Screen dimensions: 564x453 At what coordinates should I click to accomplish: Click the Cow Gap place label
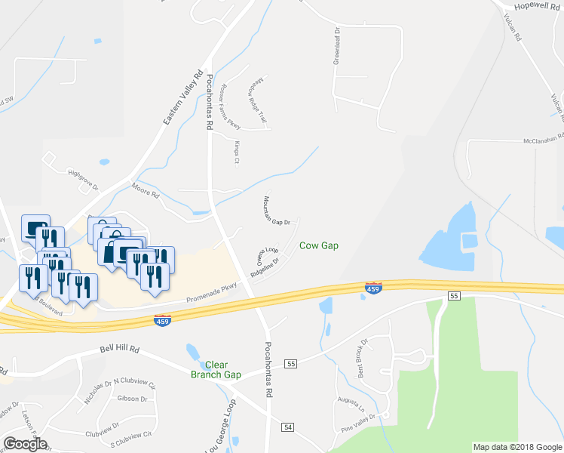point(318,245)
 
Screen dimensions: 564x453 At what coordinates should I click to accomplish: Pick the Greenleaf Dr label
point(337,49)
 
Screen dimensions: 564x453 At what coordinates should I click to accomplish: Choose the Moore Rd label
point(146,190)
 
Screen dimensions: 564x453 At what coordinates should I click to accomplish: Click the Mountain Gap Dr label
point(277,211)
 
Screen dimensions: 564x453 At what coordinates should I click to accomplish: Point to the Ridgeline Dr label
point(265,270)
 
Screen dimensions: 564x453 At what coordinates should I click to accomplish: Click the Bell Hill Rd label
point(120,350)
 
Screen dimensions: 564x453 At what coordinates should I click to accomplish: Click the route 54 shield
point(287,427)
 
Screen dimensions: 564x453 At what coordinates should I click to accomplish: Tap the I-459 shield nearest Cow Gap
point(372,288)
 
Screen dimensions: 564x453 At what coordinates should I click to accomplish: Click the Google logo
point(25,444)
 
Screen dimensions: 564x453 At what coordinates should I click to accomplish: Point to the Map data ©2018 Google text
point(516,447)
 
